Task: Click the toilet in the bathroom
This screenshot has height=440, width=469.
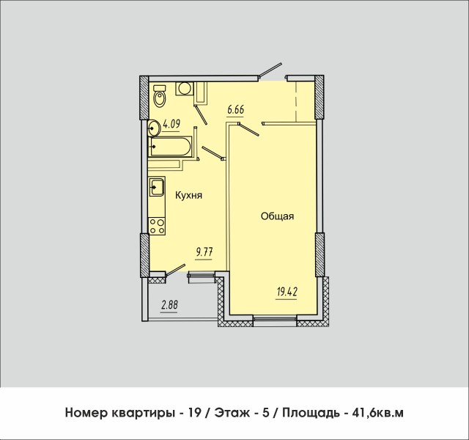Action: click(x=160, y=97)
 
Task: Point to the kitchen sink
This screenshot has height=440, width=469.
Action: click(x=155, y=188)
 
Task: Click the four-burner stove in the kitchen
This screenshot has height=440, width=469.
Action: click(x=155, y=226)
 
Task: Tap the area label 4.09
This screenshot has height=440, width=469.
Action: click(x=171, y=124)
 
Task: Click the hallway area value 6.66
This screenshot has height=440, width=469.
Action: click(x=235, y=110)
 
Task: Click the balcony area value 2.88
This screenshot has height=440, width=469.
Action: click(x=169, y=304)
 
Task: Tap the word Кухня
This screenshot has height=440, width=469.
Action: click(x=188, y=195)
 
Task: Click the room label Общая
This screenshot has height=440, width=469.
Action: click(x=278, y=216)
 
